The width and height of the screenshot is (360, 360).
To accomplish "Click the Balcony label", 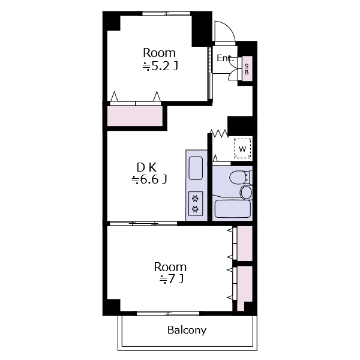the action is [187, 330].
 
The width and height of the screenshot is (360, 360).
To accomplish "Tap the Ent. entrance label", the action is [225, 58].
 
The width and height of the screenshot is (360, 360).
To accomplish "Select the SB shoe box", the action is [247, 68].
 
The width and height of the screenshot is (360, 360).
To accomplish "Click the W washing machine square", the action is [242, 149].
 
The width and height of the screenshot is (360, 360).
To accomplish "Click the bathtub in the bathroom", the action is [232, 209].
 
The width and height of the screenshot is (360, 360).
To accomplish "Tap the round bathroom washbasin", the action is [246, 192].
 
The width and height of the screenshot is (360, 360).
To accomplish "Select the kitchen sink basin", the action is [196, 168].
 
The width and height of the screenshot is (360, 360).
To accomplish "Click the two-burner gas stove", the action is [196, 203].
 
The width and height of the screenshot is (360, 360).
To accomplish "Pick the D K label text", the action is [146, 167].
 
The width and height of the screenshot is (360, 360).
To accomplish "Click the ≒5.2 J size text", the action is [160, 67].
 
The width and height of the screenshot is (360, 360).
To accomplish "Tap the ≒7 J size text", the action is [171, 279].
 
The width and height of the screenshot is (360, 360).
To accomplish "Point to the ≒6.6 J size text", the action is [149, 179].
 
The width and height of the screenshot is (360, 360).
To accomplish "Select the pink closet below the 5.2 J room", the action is [135, 116].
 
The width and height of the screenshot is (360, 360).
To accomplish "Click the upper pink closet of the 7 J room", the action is [245, 244].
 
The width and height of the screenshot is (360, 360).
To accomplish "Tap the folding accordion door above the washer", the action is [219, 133].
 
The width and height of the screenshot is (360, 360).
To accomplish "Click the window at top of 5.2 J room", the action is [166, 14].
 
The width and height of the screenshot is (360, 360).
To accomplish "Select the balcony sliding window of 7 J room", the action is [168, 313].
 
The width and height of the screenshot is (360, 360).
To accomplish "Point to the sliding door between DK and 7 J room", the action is [143, 223].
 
